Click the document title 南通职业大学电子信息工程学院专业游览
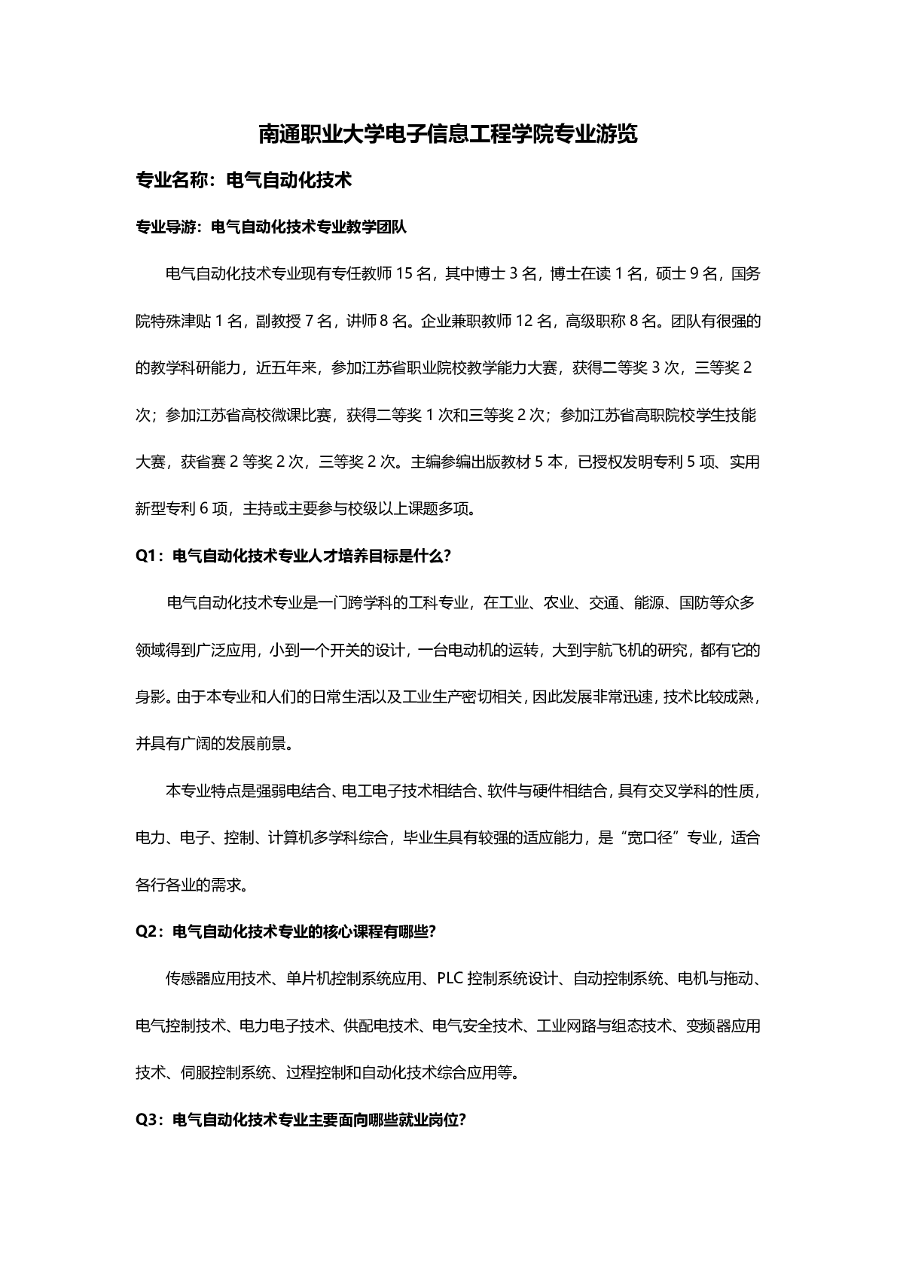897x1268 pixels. point(448,135)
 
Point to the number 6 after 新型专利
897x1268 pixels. point(204,509)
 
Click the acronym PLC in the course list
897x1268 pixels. point(449,979)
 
